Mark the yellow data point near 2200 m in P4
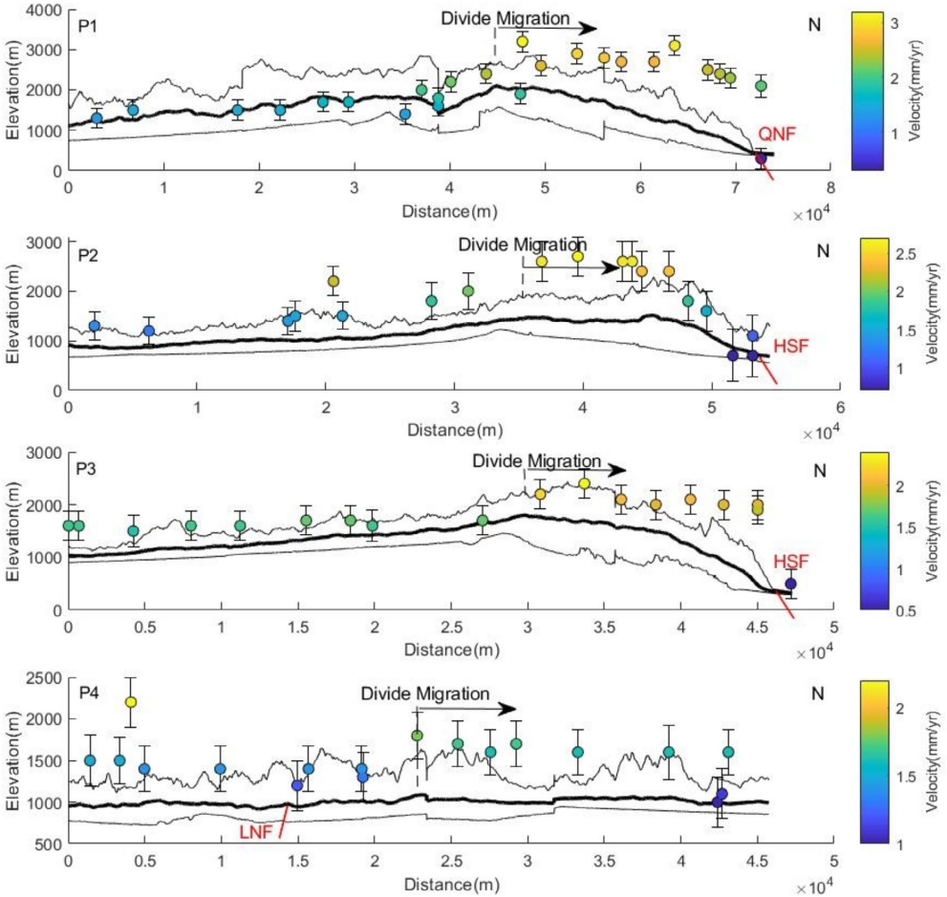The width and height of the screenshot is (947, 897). click(x=131, y=702)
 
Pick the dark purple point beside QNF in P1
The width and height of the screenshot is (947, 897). click(x=761, y=159)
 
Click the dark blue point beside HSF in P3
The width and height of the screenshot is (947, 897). click(x=790, y=584)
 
